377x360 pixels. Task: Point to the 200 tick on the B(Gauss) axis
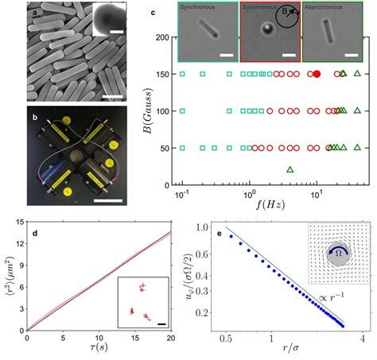(162, 37)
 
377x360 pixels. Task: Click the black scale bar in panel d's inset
(160, 322)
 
